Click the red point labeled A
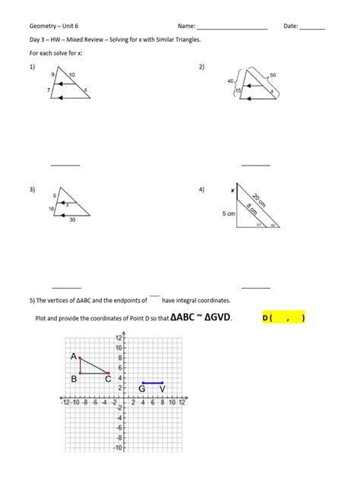click(79, 358)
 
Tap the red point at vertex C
click(108, 373)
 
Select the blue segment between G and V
click(152, 383)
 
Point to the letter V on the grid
click(162, 390)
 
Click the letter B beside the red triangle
click(74, 378)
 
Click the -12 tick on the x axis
click(67, 403)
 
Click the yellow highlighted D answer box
click(283, 317)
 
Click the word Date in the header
click(290, 26)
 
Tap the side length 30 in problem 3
click(71, 220)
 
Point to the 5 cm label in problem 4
click(229, 214)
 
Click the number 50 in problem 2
click(272, 75)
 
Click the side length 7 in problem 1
click(48, 90)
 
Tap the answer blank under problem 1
click(65, 165)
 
